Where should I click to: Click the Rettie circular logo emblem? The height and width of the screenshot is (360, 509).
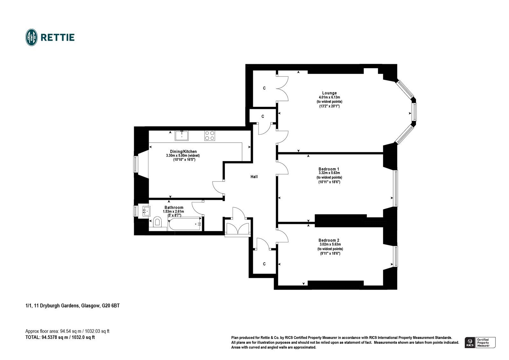click(31, 37)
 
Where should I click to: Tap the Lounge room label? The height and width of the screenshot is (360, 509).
click(329, 93)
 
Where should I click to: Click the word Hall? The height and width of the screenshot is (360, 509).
click(254, 177)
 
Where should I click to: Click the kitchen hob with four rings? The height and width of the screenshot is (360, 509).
click(210, 136)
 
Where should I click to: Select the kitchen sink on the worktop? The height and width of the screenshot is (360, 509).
click(182, 136)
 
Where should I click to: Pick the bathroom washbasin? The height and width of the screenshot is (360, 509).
click(146, 210)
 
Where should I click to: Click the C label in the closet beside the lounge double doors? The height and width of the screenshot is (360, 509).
click(264, 88)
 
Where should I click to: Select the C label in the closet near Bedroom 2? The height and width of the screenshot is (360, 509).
click(264, 264)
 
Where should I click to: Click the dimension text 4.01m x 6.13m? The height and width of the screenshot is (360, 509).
click(329, 97)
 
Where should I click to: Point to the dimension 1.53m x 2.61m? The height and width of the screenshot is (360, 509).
click(174, 211)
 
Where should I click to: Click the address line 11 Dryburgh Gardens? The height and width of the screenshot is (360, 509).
click(73, 306)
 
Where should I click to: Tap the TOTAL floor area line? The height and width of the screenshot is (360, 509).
click(60, 337)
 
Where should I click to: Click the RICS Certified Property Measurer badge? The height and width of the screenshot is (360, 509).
click(480, 342)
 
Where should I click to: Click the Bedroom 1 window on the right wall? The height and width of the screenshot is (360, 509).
click(395, 188)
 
